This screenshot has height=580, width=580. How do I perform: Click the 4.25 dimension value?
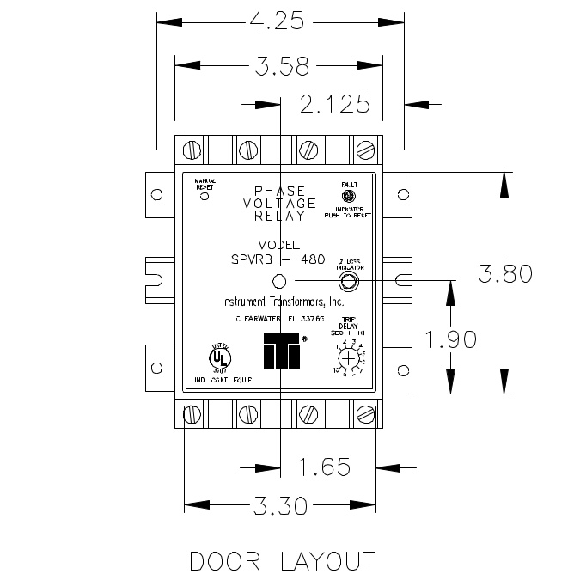(278, 20)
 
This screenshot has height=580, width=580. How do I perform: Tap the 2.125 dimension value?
(335, 104)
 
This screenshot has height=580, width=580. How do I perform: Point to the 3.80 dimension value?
(505, 273)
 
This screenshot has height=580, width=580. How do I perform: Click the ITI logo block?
(280, 350)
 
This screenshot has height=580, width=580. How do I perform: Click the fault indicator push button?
(350, 196)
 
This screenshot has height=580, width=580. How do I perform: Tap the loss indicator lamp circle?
(350, 281)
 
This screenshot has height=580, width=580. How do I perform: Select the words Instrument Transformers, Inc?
(283, 302)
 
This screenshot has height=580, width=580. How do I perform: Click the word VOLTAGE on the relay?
(280, 204)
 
